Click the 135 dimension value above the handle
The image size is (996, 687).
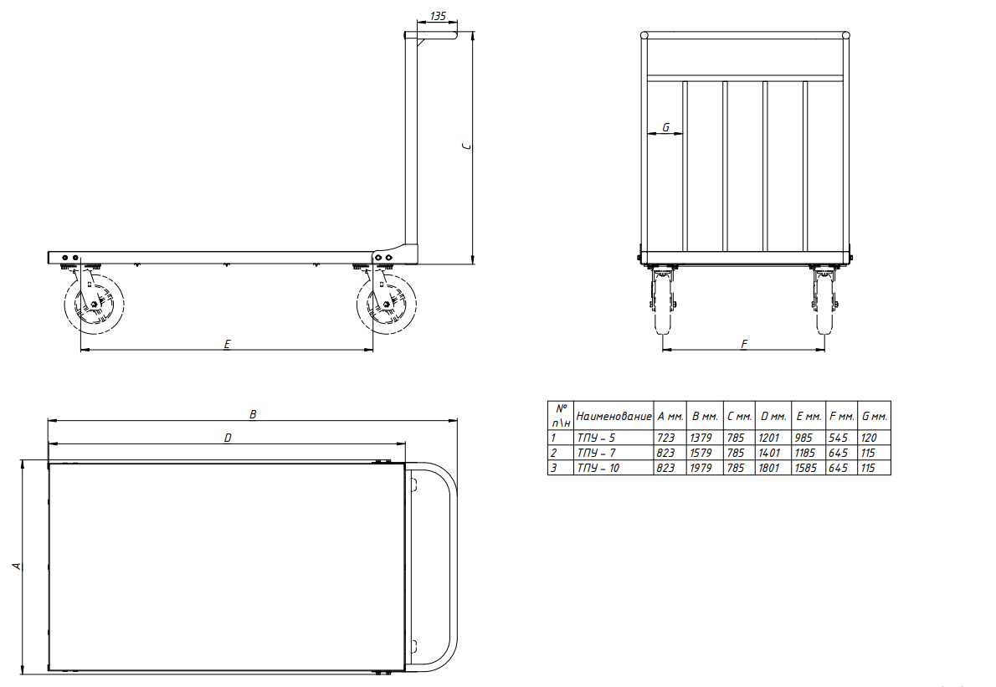[x=439, y=16]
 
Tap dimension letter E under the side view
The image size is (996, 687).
[x=227, y=344]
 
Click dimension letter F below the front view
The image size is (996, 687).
[x=744, y=344]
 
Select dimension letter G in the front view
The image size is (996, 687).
[x=665, y=127]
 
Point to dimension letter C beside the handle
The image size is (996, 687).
[x=467, y=146]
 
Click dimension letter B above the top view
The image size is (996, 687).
[x=253, y=414]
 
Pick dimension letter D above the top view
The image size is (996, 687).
[x=228, y=438]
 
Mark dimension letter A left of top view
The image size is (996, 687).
[x=18, y=565]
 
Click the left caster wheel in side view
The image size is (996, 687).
[x=94, y=305]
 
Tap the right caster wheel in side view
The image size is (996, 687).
[x=386, y=305]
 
